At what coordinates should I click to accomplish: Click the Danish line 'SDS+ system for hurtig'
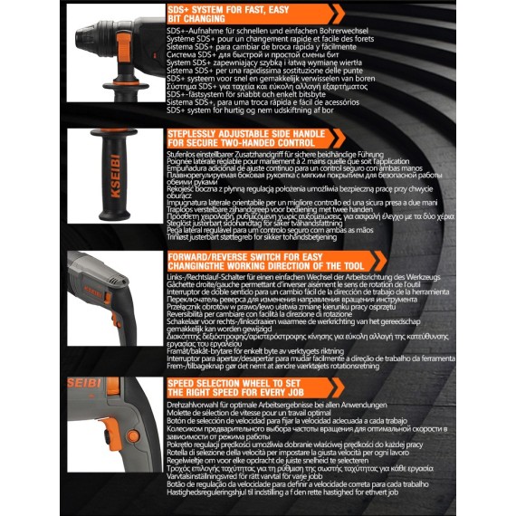tap(244, 110)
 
